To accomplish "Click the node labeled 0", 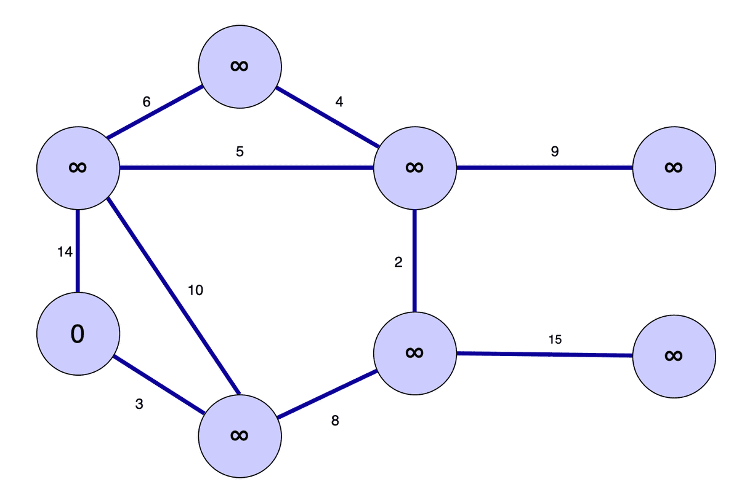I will click(78, 333).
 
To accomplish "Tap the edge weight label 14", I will click(65, 251).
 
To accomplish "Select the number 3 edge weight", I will click(139, 405).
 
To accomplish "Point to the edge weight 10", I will click(195, 290).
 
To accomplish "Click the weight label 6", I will click(146, 102).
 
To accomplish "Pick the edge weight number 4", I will click(339, 102).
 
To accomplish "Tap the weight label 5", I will click(240, 151).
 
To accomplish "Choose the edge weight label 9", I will click(554, 151).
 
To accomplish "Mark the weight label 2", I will click(398, 263).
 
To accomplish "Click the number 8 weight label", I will click(335, 421).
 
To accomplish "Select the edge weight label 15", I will click(554, 339).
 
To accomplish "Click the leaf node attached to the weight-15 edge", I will click(674, 355).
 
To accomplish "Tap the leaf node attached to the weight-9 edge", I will click(674, 167).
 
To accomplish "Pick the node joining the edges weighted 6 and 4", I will click(240, 66).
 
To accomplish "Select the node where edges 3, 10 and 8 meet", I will click(240, 435).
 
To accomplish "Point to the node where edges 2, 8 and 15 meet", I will click(414, 352).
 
